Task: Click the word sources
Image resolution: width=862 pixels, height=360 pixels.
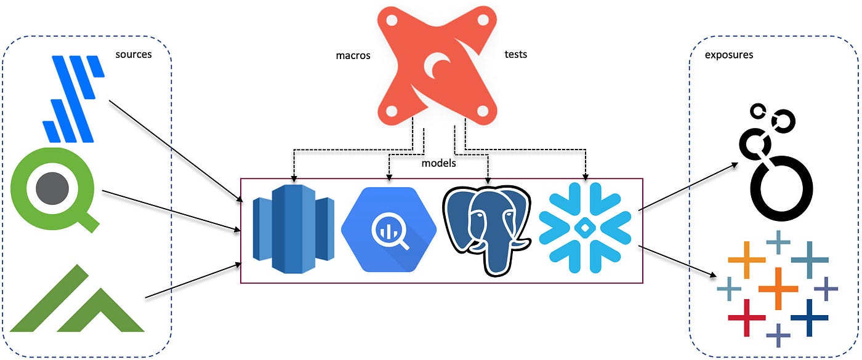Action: coord(134,55)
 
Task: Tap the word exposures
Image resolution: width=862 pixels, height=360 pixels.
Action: coord(729,55)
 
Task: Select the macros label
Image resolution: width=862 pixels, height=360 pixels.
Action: coord(353,55)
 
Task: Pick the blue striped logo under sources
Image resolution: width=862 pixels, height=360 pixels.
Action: coord(73,98)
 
